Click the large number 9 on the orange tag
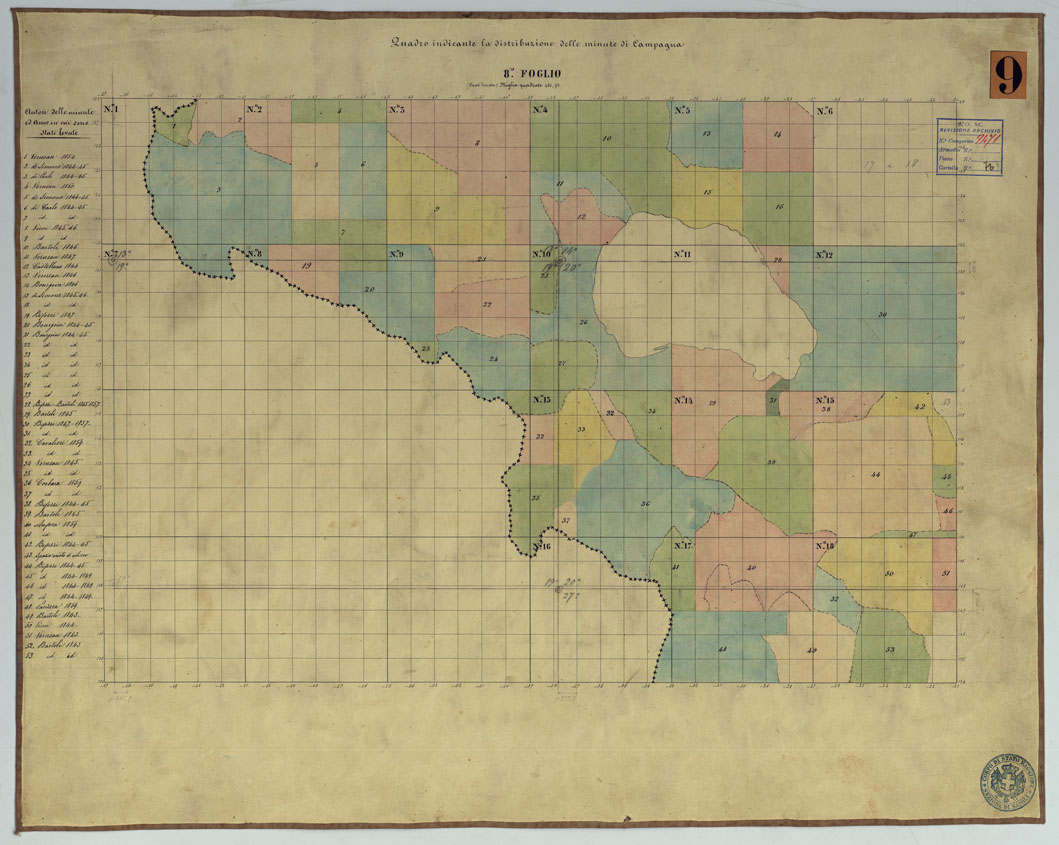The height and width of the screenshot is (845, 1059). coord(1007,75)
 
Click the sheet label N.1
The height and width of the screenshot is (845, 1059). coord(111,108)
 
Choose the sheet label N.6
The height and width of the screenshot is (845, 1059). coord(825,110)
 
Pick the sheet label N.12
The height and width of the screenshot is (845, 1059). coord(825,255)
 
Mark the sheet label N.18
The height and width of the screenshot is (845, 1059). coord(825,546)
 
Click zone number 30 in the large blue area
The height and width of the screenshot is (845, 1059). coord(882,315)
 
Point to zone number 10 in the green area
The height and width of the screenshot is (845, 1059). coord(606,138)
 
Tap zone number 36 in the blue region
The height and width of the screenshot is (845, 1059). coord(645,503)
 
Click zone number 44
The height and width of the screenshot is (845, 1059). coord(875,473)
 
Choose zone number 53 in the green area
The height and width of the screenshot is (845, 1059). coord(889,650)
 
